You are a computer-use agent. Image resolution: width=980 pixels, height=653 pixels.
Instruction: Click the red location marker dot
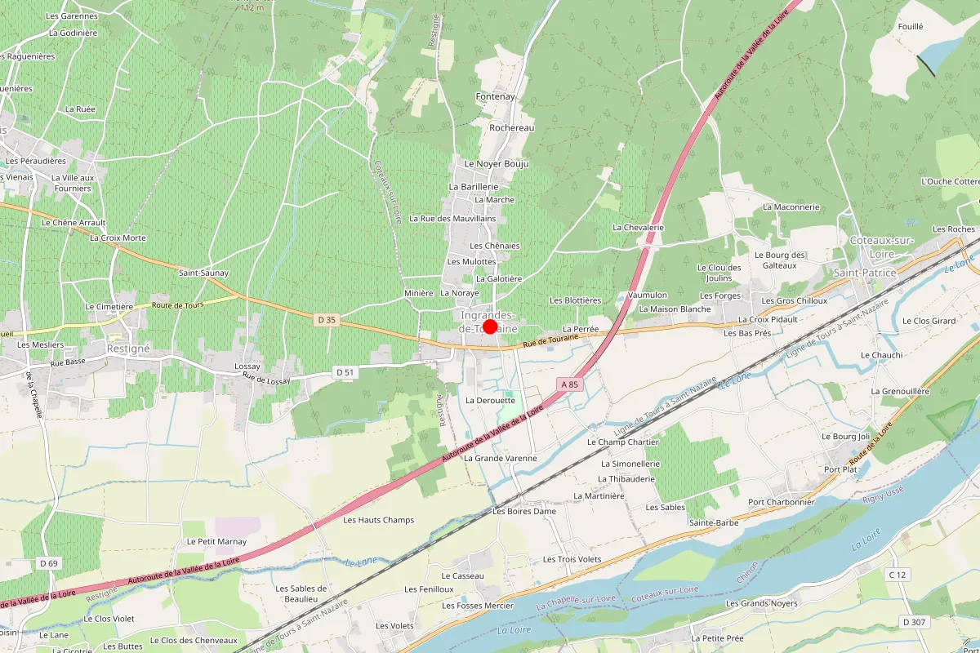[490, 326]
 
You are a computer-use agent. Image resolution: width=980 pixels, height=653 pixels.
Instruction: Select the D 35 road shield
[326, 320]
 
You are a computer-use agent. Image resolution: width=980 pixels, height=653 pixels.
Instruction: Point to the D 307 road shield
[914, 622]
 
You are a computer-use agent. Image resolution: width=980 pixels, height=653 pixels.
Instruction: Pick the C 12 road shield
[897, 575]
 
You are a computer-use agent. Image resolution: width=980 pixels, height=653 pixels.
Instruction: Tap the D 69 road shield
[48, 563]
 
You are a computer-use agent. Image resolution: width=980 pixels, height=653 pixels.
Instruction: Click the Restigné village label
[129, 348]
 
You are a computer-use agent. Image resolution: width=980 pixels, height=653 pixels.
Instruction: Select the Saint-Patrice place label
[864, 273]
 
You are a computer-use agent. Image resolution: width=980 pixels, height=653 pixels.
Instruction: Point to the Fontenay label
[496, 96]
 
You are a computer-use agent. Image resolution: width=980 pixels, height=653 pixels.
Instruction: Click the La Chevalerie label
[638, 227]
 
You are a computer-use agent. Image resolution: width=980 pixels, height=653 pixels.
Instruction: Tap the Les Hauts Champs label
[378, 520]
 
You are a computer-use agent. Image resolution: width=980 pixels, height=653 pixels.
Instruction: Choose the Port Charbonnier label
[782, 502]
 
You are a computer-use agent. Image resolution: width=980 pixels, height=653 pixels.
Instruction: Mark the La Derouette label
[490, 401]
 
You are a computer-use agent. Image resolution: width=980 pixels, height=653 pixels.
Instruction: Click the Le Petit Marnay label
[216, 541]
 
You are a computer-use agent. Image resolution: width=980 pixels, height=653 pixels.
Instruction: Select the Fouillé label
[910, 26]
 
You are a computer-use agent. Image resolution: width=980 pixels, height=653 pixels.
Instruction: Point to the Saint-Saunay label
[204, 273]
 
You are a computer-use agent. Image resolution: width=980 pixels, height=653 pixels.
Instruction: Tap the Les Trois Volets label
[572, 559]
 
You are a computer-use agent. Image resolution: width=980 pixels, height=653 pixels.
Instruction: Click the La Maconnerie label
[791, 207]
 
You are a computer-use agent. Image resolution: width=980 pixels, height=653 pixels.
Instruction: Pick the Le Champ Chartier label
[622, 442]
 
